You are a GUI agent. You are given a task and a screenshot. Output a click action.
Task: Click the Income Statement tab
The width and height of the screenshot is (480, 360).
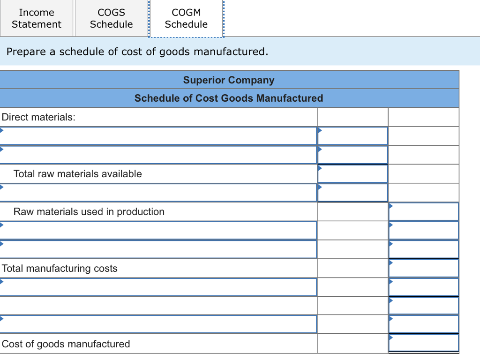tap(37, 18)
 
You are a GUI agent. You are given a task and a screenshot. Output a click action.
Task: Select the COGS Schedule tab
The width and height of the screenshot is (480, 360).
tap(111, 18)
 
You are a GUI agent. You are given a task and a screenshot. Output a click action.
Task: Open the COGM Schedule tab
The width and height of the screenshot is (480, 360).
tap(186, 18)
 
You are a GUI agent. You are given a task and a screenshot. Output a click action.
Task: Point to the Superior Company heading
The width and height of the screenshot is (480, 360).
tap(229, 80)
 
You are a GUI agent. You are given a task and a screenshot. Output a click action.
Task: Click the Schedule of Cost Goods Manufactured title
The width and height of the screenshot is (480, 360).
tap(229, 98)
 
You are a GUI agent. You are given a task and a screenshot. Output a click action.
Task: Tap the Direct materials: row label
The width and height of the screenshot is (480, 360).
tap(38, 117)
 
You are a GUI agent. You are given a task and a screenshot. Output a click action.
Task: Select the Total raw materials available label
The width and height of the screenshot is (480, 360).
tap(77, 174)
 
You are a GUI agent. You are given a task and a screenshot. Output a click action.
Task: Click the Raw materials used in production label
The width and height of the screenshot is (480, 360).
tap(89, 212)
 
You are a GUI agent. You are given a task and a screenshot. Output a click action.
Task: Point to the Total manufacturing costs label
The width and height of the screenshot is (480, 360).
tap(60, 269)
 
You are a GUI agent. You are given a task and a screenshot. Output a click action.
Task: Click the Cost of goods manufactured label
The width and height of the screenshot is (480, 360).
tap(66, 344)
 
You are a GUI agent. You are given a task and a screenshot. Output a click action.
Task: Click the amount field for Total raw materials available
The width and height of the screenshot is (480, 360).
tap(352, 174)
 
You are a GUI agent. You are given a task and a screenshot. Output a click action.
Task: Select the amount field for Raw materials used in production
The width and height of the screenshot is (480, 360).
tap(423, 212)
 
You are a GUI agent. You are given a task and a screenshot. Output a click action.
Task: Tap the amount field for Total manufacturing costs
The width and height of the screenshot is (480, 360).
tap(423, 269)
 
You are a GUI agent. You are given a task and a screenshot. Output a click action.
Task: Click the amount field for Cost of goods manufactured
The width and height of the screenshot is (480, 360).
tap(423, 344)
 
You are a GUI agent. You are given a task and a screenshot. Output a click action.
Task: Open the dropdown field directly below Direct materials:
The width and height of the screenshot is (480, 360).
tap(158, 136)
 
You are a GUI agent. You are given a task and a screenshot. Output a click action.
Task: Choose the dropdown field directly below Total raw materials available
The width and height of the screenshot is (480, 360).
tap(158, 193)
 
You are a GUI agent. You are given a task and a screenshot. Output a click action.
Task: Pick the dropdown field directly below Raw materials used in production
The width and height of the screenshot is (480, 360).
tap(158, 231)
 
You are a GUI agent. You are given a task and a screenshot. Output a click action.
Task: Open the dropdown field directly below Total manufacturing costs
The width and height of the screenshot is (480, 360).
tap(158, 287)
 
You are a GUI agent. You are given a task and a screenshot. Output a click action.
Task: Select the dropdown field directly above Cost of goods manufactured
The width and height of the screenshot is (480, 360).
tap(158, 324)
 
